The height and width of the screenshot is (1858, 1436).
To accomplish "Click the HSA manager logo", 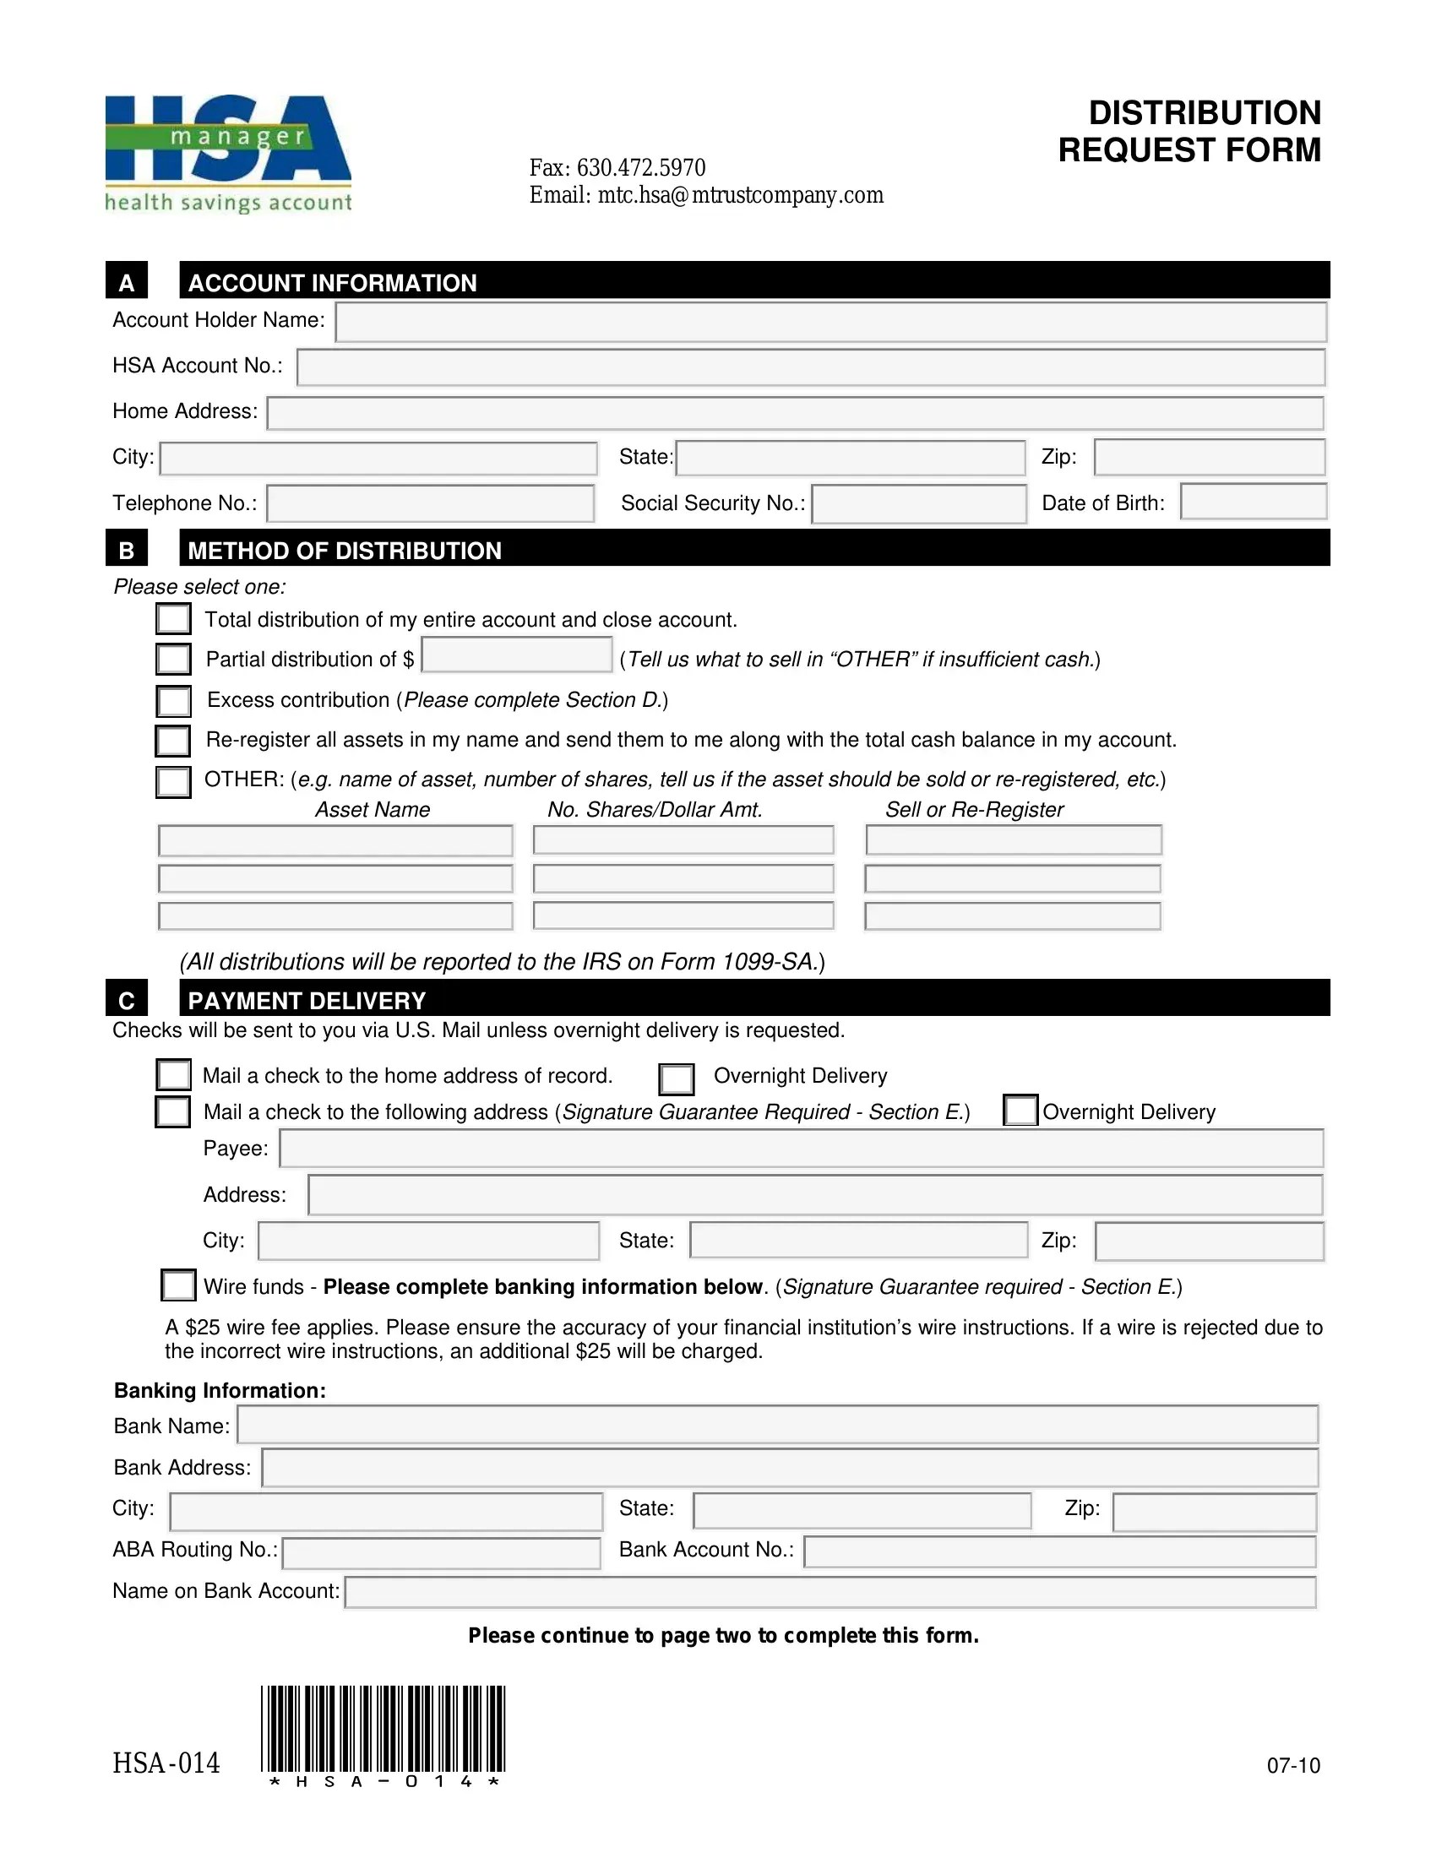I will [228, 153].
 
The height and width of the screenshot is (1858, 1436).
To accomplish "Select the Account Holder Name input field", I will [830, 323].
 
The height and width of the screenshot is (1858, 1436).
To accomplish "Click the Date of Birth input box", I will [1253, 502].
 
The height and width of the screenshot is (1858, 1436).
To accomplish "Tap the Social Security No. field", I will [919, 503].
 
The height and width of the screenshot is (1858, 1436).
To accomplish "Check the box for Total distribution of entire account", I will [173, 618].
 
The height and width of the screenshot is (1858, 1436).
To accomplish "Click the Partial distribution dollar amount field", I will [516, 655].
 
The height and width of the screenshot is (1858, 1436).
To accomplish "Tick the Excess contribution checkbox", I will [173, 701].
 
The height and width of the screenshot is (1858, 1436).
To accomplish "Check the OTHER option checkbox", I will [173, 781].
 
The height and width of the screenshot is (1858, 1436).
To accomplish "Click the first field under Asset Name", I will [335, 840].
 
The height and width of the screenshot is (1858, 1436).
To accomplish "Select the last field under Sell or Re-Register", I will [1012, 916].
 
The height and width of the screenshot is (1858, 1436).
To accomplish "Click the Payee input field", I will [801, 1149].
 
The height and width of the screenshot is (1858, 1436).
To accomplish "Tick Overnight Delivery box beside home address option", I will [677, 1078].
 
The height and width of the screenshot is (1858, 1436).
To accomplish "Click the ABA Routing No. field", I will [442, 1552].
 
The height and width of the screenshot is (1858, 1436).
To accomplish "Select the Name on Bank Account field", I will [830, 1592].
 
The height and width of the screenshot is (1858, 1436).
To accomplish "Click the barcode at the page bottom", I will [383, 1729].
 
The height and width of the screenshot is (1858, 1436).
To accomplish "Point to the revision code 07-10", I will [1293, 1765].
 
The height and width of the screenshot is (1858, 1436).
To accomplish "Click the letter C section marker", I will [127, 1000].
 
